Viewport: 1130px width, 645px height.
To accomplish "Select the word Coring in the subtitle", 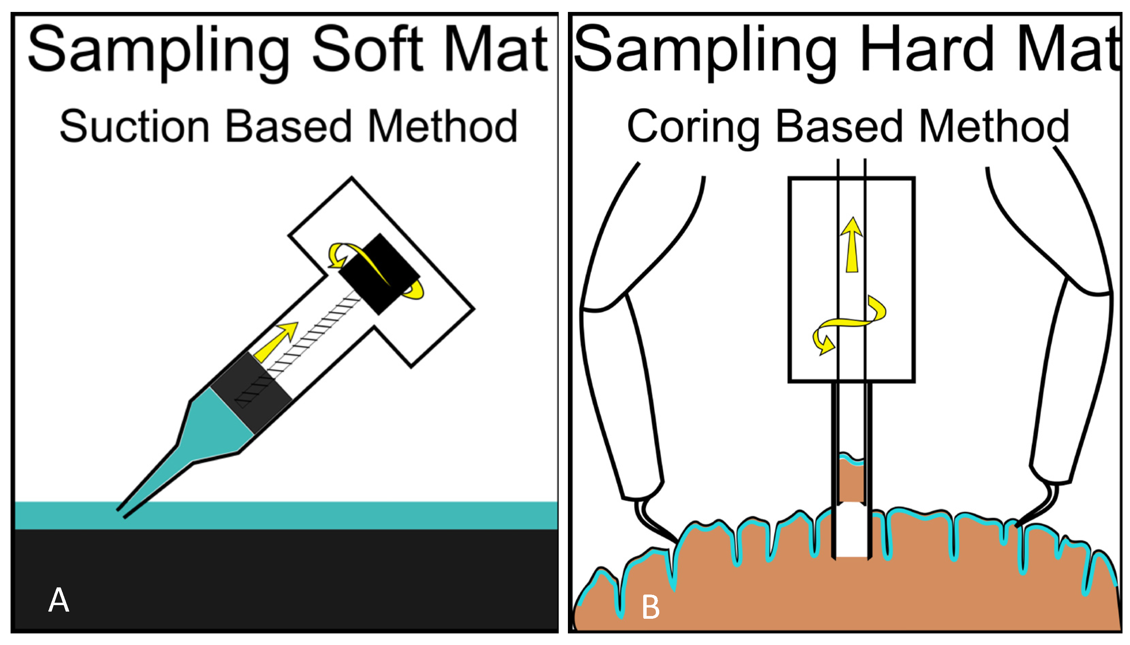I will coord(693,127).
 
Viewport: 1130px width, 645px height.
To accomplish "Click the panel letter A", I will coord(59,600).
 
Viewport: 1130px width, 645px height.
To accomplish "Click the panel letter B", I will coord(650,607).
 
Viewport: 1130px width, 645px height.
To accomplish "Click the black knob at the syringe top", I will coord(379,274).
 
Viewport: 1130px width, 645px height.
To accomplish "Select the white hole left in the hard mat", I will coord(852,531).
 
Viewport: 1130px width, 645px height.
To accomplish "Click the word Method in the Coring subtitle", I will coord(994,127).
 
